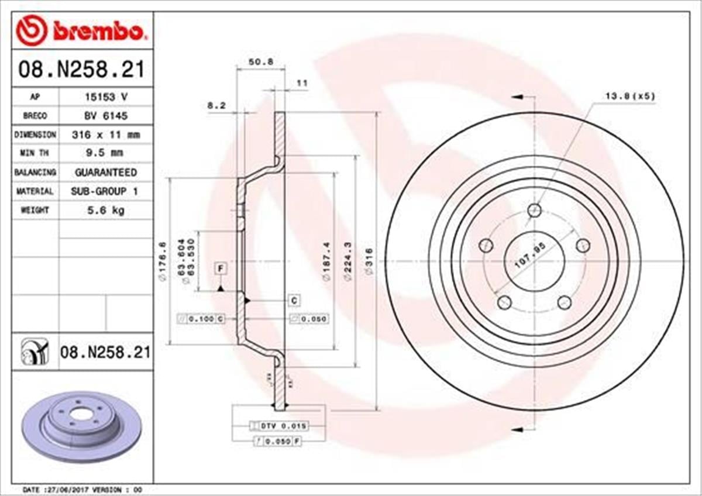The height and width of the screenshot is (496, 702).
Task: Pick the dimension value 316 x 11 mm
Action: coord(105,135)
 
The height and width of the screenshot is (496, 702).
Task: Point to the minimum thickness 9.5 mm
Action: coord(105,153)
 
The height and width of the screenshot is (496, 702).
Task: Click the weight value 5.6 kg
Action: coord(105,209)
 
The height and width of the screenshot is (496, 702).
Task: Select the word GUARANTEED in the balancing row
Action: coord(105,172)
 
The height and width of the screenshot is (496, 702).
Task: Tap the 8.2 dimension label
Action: coord(216,106)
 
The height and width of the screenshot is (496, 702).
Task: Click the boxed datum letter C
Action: coord(294,300)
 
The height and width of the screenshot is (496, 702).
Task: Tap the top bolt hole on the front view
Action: coord(534,210)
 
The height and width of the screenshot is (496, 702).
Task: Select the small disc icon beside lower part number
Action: coord(33,352)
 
